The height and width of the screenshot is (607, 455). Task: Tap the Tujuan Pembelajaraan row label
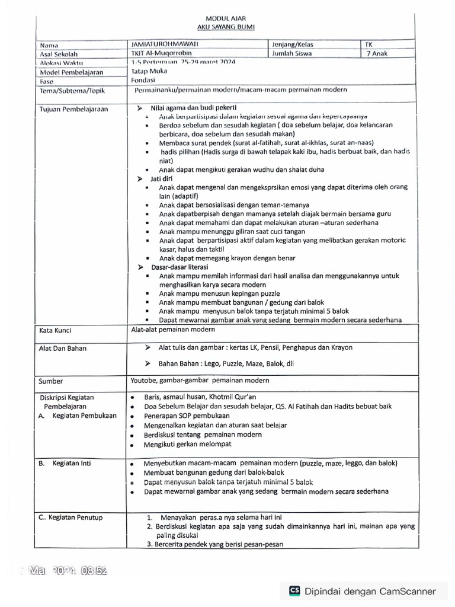click(x=74, y=109)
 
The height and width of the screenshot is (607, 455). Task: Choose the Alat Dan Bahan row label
click(x=63, y=348)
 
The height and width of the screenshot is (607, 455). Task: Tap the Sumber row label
click(x=51, y=381)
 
